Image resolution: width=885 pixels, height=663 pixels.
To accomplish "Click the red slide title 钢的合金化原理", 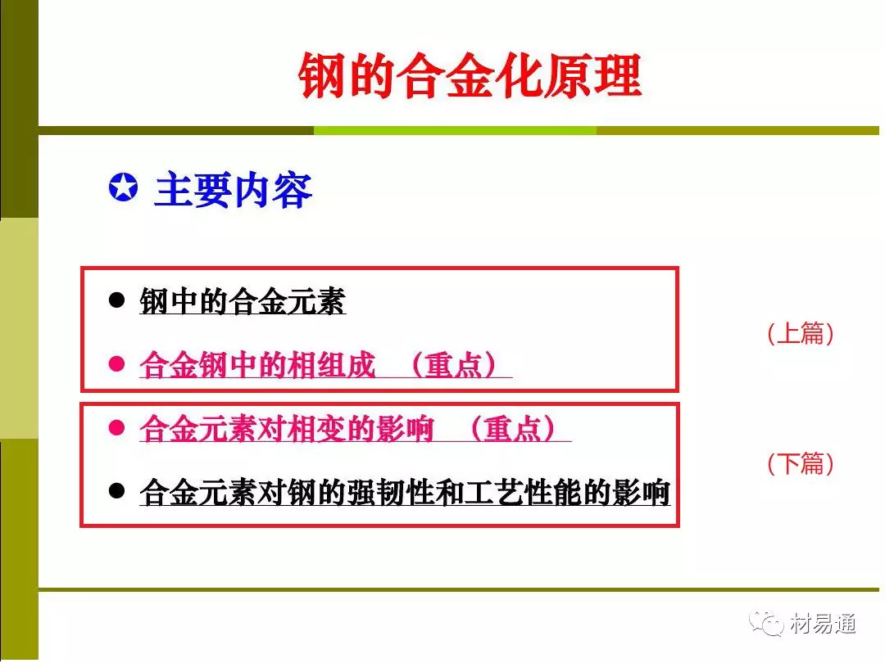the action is coord(470,75).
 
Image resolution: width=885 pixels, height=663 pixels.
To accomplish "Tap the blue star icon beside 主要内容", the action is coord(123,187).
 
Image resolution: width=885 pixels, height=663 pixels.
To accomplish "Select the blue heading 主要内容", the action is coord(233,190).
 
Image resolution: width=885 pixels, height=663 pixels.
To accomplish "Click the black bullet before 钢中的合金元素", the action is coord(116,300).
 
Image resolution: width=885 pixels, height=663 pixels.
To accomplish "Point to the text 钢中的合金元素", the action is coord(243,301).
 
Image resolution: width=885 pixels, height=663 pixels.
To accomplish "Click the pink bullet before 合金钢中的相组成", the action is coord(116,363).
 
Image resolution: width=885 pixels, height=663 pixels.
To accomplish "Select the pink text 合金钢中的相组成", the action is coord(257,365).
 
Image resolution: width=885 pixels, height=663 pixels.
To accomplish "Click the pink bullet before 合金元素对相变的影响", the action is coord(116,427).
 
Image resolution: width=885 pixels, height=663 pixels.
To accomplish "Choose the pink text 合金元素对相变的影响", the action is coord(287,428).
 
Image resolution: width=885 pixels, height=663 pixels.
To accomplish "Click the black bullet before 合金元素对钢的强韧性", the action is coord(116,491).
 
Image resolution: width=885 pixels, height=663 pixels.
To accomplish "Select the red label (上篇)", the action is coord(801,333).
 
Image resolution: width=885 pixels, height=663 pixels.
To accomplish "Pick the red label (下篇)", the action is coord(801,463).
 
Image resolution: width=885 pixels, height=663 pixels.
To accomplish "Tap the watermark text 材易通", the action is coord(823,624).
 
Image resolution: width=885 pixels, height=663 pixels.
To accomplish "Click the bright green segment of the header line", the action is coord(455,131).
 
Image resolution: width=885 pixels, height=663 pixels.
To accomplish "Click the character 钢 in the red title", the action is coord(322,75).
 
